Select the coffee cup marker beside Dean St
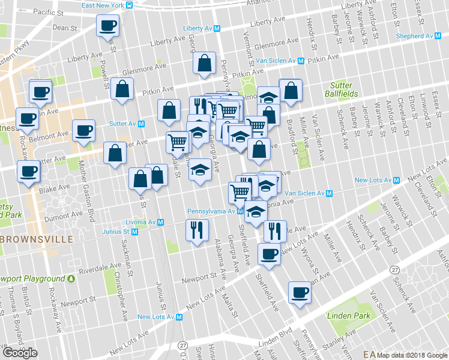coord(107,26)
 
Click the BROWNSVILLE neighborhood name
coord(37,239)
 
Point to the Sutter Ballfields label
coord(343,89)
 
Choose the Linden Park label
coord(345,315)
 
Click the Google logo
coord(20,353)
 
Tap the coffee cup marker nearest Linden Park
coord(299,293)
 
